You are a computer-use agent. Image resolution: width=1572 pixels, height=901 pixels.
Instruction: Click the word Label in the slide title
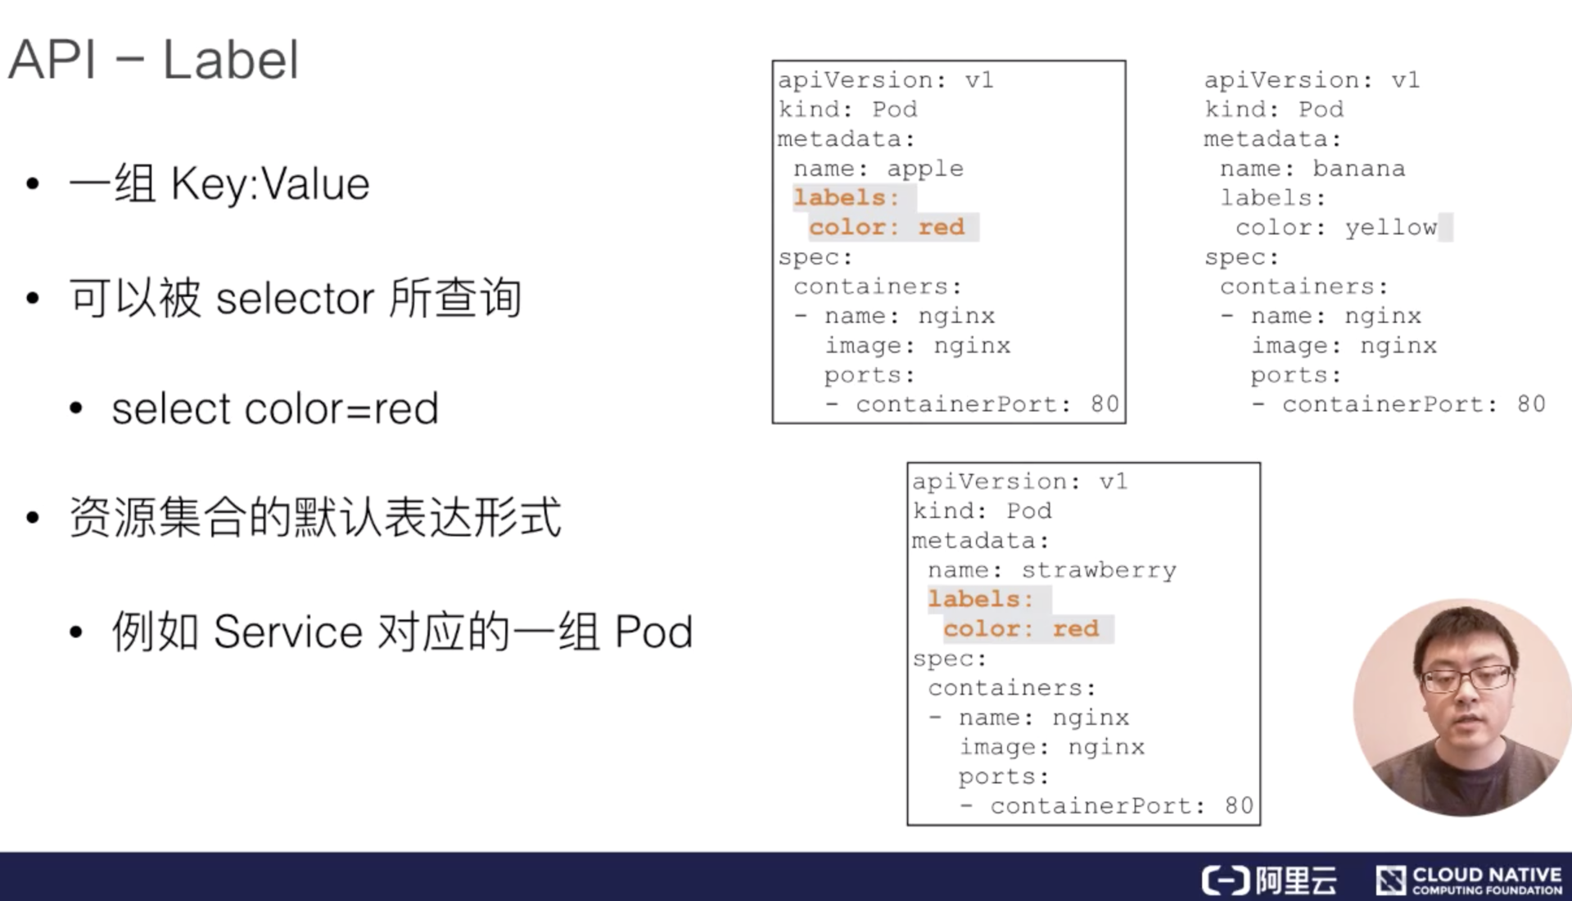click(x=231, y=61)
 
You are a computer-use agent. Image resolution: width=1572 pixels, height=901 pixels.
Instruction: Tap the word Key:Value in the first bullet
click(x=270, y=184)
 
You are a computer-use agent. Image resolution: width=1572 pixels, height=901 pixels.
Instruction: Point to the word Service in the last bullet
click(x=287, y=632)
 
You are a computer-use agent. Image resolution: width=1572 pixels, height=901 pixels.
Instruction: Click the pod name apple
click(x=924, y=169)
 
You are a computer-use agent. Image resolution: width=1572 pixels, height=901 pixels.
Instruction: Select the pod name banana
click(x=1358, y=169)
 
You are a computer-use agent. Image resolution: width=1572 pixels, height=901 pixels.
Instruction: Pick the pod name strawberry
click(x=1098, y=570)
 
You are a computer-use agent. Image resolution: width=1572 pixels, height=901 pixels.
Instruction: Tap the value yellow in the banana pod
click(x=1390, y=228)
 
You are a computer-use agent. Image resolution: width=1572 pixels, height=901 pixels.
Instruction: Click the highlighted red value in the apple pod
click(x=941, y=227)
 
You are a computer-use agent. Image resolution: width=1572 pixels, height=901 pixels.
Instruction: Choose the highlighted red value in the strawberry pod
click(x=1075, y=629)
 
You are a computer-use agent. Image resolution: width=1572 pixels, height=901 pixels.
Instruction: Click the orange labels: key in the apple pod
click(x=846, y=197)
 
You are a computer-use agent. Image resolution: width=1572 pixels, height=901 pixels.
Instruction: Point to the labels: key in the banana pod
click(x=1272, y=198)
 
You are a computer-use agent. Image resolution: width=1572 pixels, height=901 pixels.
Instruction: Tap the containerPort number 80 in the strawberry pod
click(x=1238, y=806)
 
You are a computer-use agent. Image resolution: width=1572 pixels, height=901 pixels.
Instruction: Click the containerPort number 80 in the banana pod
click(x=1530, y=405)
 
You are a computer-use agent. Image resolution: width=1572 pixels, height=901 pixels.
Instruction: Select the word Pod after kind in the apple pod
click(x=894, y=110)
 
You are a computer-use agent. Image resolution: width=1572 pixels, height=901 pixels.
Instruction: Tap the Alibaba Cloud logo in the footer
click(x=1268, y=881)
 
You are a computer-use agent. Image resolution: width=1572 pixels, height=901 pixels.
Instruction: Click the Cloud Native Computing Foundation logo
click(x=1469, y=881)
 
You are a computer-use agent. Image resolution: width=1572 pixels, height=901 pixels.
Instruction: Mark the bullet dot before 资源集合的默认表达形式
click(x=33, y=518)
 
